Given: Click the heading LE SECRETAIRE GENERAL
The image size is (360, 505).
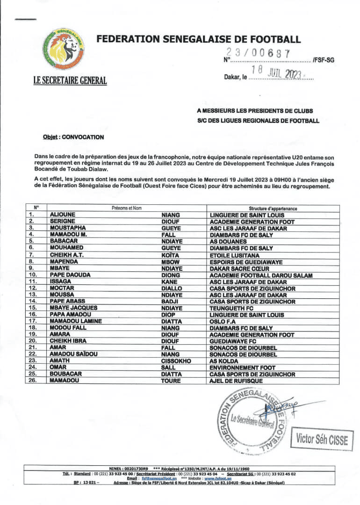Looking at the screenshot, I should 70,80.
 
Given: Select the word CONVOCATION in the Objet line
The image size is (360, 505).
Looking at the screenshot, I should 83,137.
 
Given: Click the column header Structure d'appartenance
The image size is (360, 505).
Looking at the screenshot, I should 273,209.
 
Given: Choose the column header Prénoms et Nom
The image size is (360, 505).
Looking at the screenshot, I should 127,209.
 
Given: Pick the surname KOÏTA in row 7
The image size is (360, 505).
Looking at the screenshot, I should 170,255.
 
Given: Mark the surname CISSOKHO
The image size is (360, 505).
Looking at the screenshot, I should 177,361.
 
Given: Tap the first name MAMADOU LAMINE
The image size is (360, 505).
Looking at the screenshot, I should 77,322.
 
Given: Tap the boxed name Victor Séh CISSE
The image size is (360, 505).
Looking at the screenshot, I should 322,440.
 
